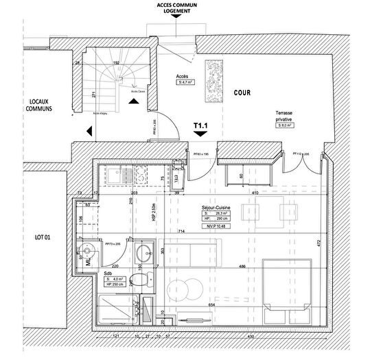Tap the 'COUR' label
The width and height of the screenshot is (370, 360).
[x=242, y=91]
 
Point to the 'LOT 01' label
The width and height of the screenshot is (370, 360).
[x=25, y=237]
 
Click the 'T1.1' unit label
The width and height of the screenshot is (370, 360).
[x=200, y=126]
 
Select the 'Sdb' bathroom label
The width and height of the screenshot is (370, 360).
[x=108, y=272]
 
